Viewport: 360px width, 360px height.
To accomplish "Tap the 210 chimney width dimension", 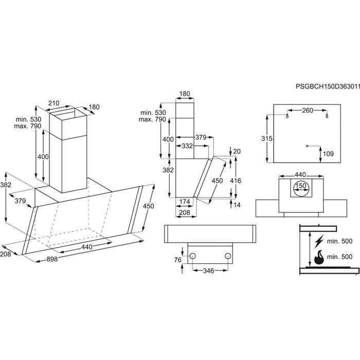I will tap(54, 103).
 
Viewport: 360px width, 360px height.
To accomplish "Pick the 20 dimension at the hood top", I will tap(237, 151).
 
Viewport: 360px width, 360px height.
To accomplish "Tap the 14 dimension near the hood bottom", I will tap(236, 205).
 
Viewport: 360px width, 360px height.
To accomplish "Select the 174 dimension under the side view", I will tap(185, 201).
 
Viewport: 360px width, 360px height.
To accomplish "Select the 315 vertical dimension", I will tap(266, 139).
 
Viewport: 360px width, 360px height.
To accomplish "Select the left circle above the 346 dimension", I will tap(192, 256).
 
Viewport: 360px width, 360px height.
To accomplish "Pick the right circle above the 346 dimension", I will tap(227, 256).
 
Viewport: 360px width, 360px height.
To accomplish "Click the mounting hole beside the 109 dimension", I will tap(307, 146).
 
